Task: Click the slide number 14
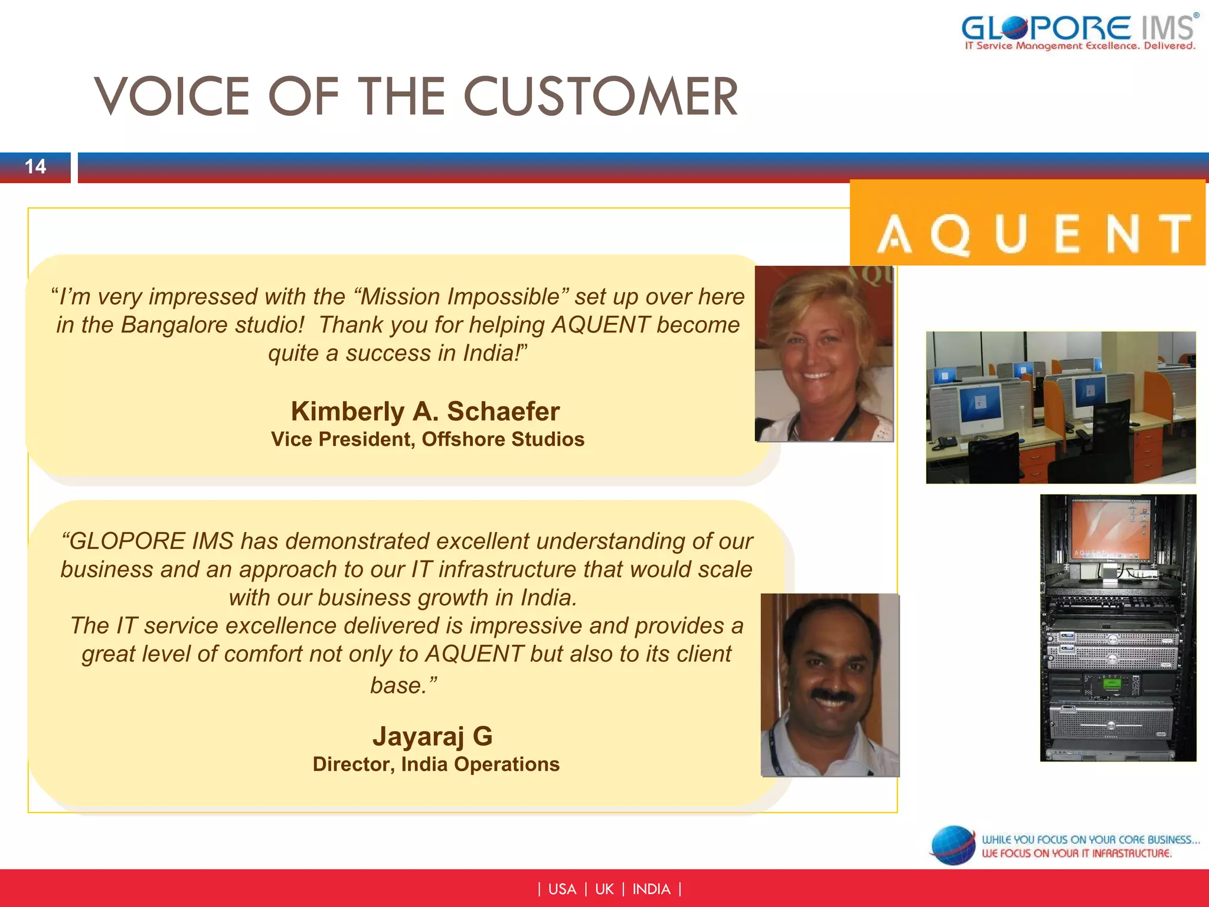point(35,167)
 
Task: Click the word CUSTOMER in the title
point(600,97)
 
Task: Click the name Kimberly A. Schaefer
point(425,412)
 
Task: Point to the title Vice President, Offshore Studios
point(427,439)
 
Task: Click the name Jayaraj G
point(432,736)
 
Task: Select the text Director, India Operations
point(436,764)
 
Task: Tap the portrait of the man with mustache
point(830,685)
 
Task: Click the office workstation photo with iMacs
point(1061,407)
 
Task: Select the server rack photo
point(1117,628)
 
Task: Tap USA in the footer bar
point(561,889)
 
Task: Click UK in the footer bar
point(604,889)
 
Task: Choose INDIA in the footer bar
point(651,889)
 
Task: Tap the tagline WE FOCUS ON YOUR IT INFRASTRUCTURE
point(1076,853)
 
